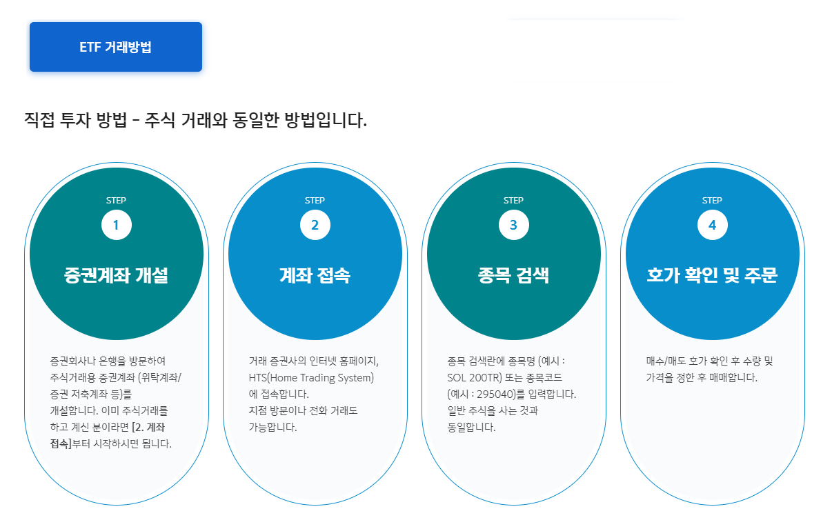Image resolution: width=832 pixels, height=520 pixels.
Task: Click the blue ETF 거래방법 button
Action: tap(115, 47)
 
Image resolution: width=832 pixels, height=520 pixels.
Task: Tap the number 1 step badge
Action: tap(116, 225)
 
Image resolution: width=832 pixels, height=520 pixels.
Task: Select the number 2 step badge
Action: tap(315, 225)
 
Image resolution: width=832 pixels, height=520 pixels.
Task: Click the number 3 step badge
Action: tap(513, 225)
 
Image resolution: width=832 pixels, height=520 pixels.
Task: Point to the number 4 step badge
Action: tap(712, 225)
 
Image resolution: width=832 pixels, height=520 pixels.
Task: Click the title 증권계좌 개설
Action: tap(116, 276)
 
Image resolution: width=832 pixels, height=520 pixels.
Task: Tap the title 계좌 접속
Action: tap(315, 276)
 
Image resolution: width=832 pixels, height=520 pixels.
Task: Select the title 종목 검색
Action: tap(513, 276)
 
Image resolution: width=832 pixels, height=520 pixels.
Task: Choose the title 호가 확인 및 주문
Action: tap(712, 276)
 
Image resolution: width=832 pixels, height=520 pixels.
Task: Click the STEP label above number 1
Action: tap(116, 201)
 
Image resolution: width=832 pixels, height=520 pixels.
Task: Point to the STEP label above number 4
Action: tap(712, 201)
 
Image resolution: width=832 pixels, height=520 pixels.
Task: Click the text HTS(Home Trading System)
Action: tap(310, 378)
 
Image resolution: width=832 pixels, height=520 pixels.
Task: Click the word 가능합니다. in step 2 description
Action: tap(273, 428)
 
